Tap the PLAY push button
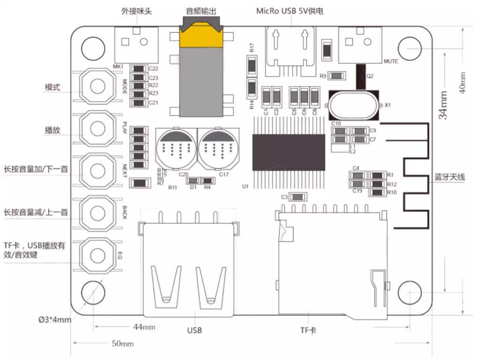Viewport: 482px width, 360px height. point(98,127)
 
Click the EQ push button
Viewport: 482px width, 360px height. point(98,255)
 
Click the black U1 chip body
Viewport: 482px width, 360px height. point(289,152)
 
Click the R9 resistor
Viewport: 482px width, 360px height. point(337,76)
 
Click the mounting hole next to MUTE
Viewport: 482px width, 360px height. point(409,48)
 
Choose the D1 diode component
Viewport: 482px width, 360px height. point(193,181)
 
